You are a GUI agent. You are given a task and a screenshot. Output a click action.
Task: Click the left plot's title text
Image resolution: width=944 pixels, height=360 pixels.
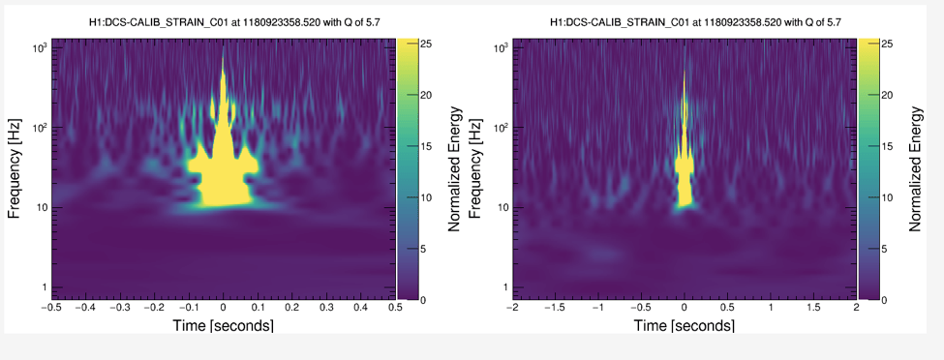point(233,23)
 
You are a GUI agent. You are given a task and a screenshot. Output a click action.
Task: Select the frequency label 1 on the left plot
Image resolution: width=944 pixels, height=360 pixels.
point(45,286)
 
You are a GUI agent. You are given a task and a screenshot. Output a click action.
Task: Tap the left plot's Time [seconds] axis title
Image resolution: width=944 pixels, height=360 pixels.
point(223,325)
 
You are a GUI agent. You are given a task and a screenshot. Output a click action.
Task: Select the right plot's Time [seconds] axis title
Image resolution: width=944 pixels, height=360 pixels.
point(684,325)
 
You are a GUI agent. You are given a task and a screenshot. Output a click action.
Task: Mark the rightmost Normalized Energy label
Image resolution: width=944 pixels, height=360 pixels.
point(916,169)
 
